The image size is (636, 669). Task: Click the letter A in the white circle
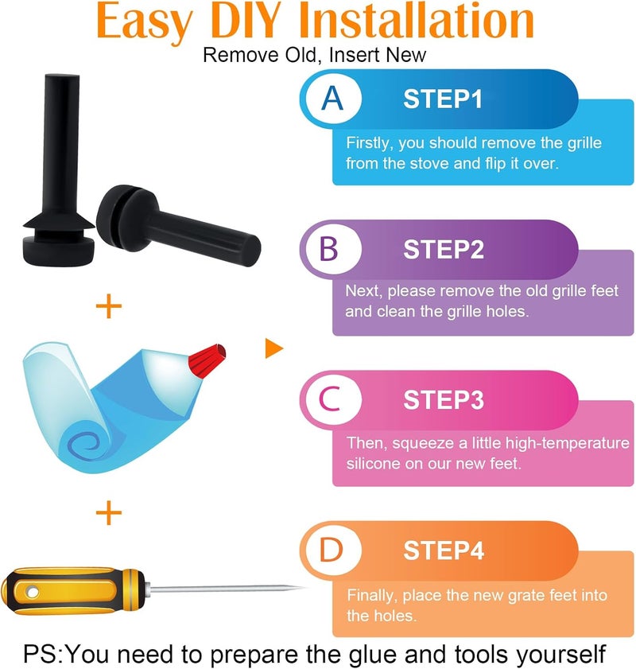[332, 99]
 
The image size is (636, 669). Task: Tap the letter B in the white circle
[328, 249]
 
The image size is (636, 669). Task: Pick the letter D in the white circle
[332, 550]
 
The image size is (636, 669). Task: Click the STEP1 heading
[443, 99]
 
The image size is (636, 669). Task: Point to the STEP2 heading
[444, 249]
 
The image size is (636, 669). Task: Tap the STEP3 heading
[444, 400]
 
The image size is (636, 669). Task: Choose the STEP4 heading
[444, 550]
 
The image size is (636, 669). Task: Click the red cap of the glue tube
[207, 360]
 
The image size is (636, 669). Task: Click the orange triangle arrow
[273, 348]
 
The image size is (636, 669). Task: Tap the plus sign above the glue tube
[109, 306]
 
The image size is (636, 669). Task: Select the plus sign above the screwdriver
[109, 512]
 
